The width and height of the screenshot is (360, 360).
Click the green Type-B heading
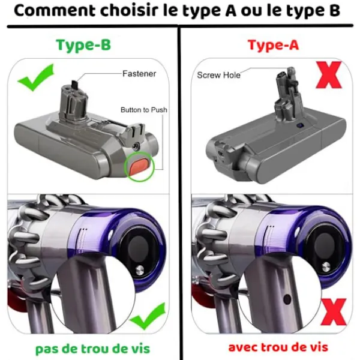pyautogui.click(x=83, y=45)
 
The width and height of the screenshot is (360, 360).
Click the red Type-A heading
pyautogui.click(x=273, y=45)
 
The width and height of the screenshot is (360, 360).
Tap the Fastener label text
pyautogui.click(x=139, y=74)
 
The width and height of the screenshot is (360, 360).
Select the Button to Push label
pyautogui.click(x=144, y=110)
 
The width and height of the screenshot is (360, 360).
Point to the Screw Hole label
pyautogui.click(x=218, y=75)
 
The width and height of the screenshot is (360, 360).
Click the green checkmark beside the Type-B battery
pyautogui.click(x=35, y=77)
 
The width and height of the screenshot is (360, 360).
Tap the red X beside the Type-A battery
pyautogui.click(x=329, y=74)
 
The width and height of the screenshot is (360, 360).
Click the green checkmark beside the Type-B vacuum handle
pyautogui.click(x=147, y=317)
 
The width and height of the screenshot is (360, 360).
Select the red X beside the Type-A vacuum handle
pyautogui.click(x=333, y=312)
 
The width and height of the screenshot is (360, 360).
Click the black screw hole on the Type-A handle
pyautogui.click(x=287, y=299)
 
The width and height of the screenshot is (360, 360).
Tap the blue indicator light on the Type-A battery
pyautogui.click(x=300, y=125)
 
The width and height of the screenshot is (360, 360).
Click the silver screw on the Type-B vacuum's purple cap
pyautogui.click(x=140, y=270)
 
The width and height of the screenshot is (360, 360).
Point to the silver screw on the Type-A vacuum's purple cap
pyautogui.click(x=326, y=266)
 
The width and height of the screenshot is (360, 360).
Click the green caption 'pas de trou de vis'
pyautogui.click(x=92, y=349)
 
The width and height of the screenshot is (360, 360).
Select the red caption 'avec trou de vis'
pyautogui.click(x=278, y=347)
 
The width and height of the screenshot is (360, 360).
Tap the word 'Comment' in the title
pyautogui.click(x=55, y=11)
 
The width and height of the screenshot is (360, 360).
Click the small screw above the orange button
pyautogui.click(x=137, y=146)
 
